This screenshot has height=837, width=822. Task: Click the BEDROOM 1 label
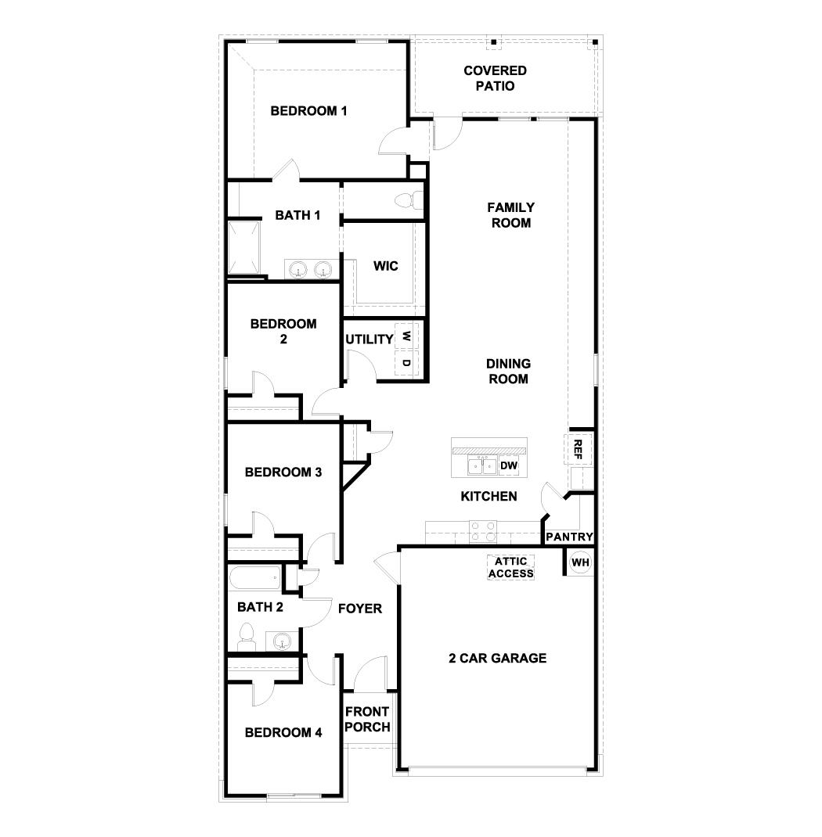(308, 111)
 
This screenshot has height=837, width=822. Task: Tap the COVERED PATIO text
(495, 78)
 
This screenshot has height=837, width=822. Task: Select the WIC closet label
(385, 266)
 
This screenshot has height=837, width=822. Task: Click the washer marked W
(406, 336)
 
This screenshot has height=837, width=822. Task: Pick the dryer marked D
(406, 363)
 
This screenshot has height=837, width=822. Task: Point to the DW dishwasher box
(509, 466)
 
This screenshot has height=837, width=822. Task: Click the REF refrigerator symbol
(578, 448)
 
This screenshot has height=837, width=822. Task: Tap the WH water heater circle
(580, 562)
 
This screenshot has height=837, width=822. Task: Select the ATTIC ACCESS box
(511, 567)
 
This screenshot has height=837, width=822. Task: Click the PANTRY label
(569, 537)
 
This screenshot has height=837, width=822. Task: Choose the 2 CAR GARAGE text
(498, 658)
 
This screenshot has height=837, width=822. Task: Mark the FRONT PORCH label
(368, 720)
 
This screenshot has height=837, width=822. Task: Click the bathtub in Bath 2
(254, 580)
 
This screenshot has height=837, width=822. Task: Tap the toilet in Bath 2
(247, 636)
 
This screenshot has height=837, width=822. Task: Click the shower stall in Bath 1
(247, 247)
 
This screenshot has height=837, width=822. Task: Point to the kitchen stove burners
(481, 532)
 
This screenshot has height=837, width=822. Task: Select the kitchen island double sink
(481, 466)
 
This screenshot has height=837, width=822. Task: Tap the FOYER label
(360, 608)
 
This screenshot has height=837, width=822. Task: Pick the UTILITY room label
(369, 339)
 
